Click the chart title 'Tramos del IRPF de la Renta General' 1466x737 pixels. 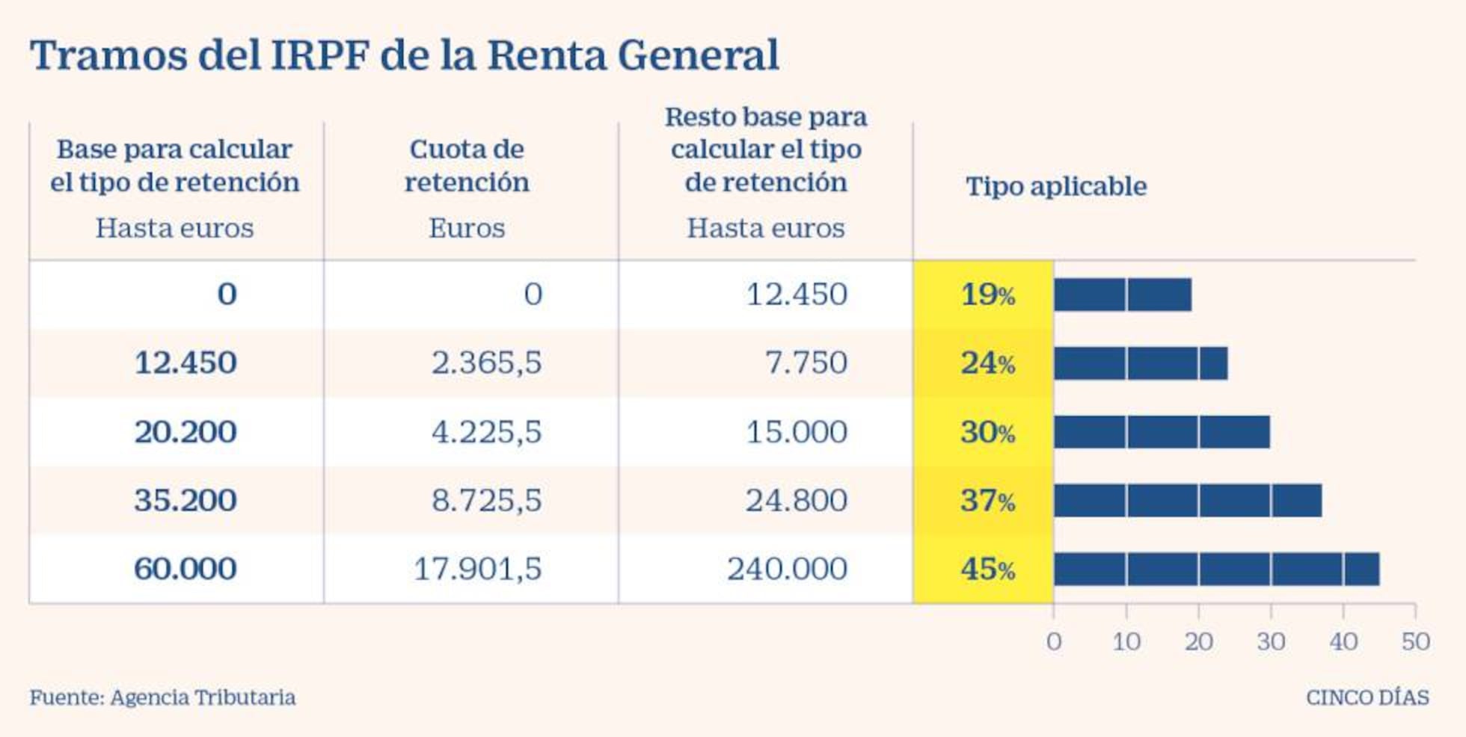coord(404,55)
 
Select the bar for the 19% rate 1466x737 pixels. coord(1122,295)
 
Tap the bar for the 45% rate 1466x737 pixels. coord(1216,570)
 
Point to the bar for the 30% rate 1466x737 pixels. coord(1162,432)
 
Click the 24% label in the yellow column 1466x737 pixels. coord(987,363)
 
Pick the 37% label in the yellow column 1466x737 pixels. coord(987,501)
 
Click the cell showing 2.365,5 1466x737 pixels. coord(486,363)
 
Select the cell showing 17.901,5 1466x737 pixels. coord(477,570)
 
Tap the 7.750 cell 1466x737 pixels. coord(806,363)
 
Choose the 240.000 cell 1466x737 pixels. coord(787,570)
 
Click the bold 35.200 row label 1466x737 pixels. coord(185,501)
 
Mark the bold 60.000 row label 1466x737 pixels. coord(185,570)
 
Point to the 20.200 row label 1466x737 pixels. coord(185,432)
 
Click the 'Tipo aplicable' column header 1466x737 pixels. coord(1055,186)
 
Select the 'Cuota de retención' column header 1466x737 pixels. coord(467,165)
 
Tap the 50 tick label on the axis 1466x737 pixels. coord(1415,641)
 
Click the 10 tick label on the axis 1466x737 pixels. coord(1126,641)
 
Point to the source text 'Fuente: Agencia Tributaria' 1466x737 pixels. coord(162,697)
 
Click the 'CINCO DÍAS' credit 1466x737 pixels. coord(1367,697)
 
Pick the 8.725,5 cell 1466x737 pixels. coord(486,501)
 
